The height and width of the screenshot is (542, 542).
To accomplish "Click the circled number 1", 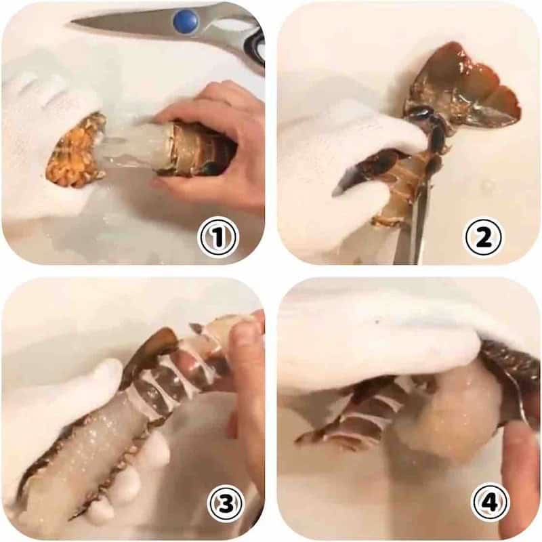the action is point(217,238).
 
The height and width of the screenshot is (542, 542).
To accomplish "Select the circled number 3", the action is point(226,502).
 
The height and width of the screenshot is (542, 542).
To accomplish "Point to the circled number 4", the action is point(491,502).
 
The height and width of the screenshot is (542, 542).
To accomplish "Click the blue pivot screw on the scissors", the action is point(186,22).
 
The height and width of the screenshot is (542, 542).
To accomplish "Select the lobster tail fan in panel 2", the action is point(463,87).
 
